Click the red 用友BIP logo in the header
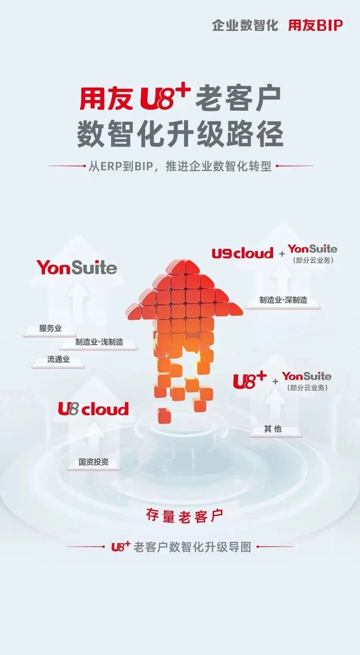point(315,25)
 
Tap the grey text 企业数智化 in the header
point(245,25)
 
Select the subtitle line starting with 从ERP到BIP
point(180,166)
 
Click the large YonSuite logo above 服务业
point(77,268)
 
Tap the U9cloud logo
point(242,253)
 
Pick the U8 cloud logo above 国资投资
point(93,409)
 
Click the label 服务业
point(50,328)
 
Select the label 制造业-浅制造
point(99,342)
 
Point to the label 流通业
point(58,359)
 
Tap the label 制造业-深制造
point(283,300)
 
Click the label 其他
point(273,429)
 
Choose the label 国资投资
point(94,462)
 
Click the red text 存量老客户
point(184,516)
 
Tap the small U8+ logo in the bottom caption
point(121,547)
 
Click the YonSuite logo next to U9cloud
point(313,249)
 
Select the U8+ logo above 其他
point(250,380)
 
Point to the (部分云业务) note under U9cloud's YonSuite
point(313,260)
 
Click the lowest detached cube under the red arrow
point(164,415)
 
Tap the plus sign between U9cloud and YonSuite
point(282,254)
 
